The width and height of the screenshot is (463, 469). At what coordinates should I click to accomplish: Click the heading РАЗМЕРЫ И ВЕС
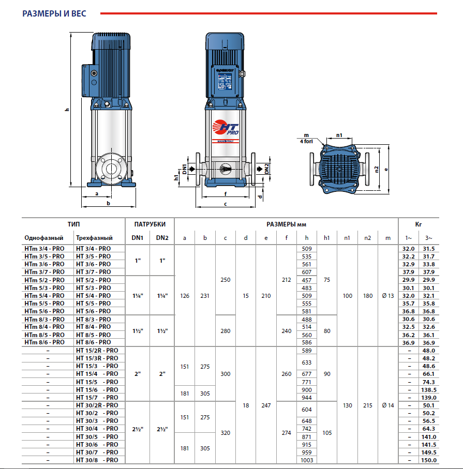(x=54, y=13)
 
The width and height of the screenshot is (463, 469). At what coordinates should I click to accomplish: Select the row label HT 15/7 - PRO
(x=97, y=397)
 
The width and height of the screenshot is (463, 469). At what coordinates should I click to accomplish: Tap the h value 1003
(x=306, y=460)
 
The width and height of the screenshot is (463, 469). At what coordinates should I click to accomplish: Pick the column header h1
(x=326, y=238)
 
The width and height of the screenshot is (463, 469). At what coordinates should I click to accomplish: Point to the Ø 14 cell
(x=387, y=405)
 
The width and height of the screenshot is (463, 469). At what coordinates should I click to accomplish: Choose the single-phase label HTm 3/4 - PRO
(x=44, y=248)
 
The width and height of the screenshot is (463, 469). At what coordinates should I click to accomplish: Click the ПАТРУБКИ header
(x=150, y=224)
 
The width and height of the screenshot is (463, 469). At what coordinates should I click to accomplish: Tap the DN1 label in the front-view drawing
(x=185, y=169)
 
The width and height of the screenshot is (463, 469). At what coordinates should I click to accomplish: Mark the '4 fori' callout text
(x=306, y=140)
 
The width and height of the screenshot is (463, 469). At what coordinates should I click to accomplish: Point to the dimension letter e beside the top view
(x=386, y=169)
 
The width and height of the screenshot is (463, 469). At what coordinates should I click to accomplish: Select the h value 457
(x=306, y=280)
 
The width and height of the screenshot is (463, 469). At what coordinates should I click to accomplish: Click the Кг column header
(x=418, y=224)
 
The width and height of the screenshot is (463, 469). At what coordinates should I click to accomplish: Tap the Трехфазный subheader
(x=94, y=238)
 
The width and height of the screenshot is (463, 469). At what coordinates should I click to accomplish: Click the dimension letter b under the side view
(x=108, y=204)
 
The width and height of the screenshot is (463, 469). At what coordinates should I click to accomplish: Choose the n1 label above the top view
(x=339, y=135)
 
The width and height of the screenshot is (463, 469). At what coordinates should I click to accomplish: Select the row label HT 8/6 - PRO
(x=94, y=342)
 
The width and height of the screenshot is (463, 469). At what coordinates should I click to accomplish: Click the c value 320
(x=226, y=433)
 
